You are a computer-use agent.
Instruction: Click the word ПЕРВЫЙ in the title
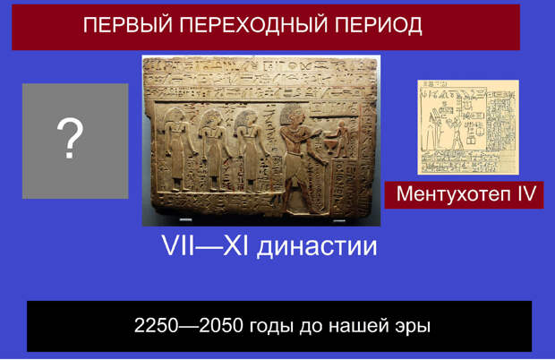tap(128, 25)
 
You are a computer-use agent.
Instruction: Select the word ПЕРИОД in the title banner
tap(379, 25)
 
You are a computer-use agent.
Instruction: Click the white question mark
tap(70, 139)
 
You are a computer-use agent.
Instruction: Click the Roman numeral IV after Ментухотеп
tap(526, 193)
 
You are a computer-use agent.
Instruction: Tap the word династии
tap(317, 246)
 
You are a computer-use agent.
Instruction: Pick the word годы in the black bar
tap(271, 327)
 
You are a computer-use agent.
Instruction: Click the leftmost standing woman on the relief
tap(177, 150)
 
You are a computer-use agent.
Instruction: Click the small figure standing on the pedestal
tap(342, 139)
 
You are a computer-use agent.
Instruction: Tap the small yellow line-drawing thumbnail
tap(468, 127)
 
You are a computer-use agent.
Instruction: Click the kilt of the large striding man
tap(296, 167)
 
